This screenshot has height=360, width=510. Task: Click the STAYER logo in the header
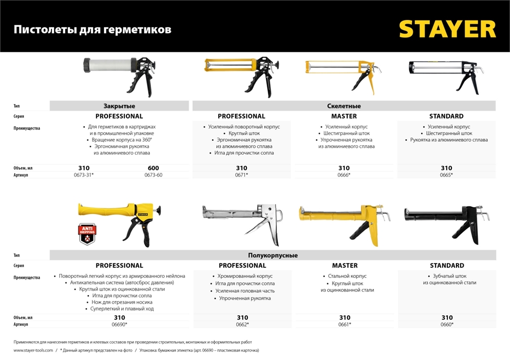(x=447, y=29)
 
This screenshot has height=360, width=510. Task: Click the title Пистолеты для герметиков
(x=92, y=30)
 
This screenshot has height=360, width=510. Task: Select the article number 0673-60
(x=153, y=175)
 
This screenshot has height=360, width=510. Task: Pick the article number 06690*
(x=119, y=324)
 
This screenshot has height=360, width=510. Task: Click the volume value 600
(x=153, y=168)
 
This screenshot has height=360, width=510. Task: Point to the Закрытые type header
(x=119, y=106)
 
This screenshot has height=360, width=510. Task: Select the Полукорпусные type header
(x=273, y=255)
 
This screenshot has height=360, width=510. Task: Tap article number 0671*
(x=242, y=175)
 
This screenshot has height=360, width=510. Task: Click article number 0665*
(x=446, y=175)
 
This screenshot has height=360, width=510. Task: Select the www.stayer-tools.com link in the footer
(x=33, y=350)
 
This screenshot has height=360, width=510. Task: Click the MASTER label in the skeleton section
(x=344, y=116)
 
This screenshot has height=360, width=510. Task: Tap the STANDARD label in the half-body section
(x=447, y=265)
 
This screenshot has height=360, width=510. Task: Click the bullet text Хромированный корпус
(x=242, y=276)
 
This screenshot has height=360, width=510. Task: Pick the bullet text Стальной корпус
(x=344, y=276)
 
